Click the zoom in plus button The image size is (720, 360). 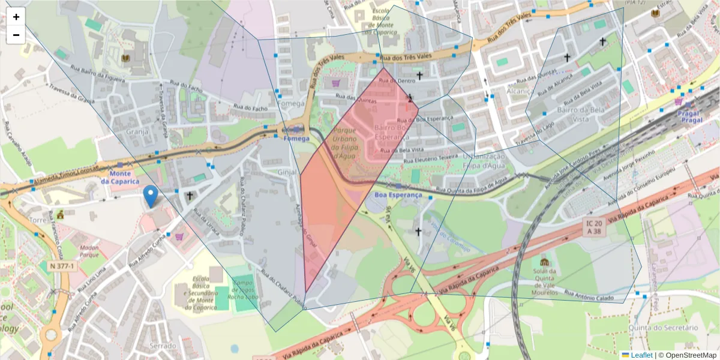pos(16,17)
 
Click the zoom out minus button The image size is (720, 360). pos(16,35)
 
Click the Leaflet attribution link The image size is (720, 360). pos(637,355)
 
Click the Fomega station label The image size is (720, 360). pos(296,139)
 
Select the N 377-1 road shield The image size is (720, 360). pos(62,266)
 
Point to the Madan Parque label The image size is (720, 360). pos(89,250)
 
